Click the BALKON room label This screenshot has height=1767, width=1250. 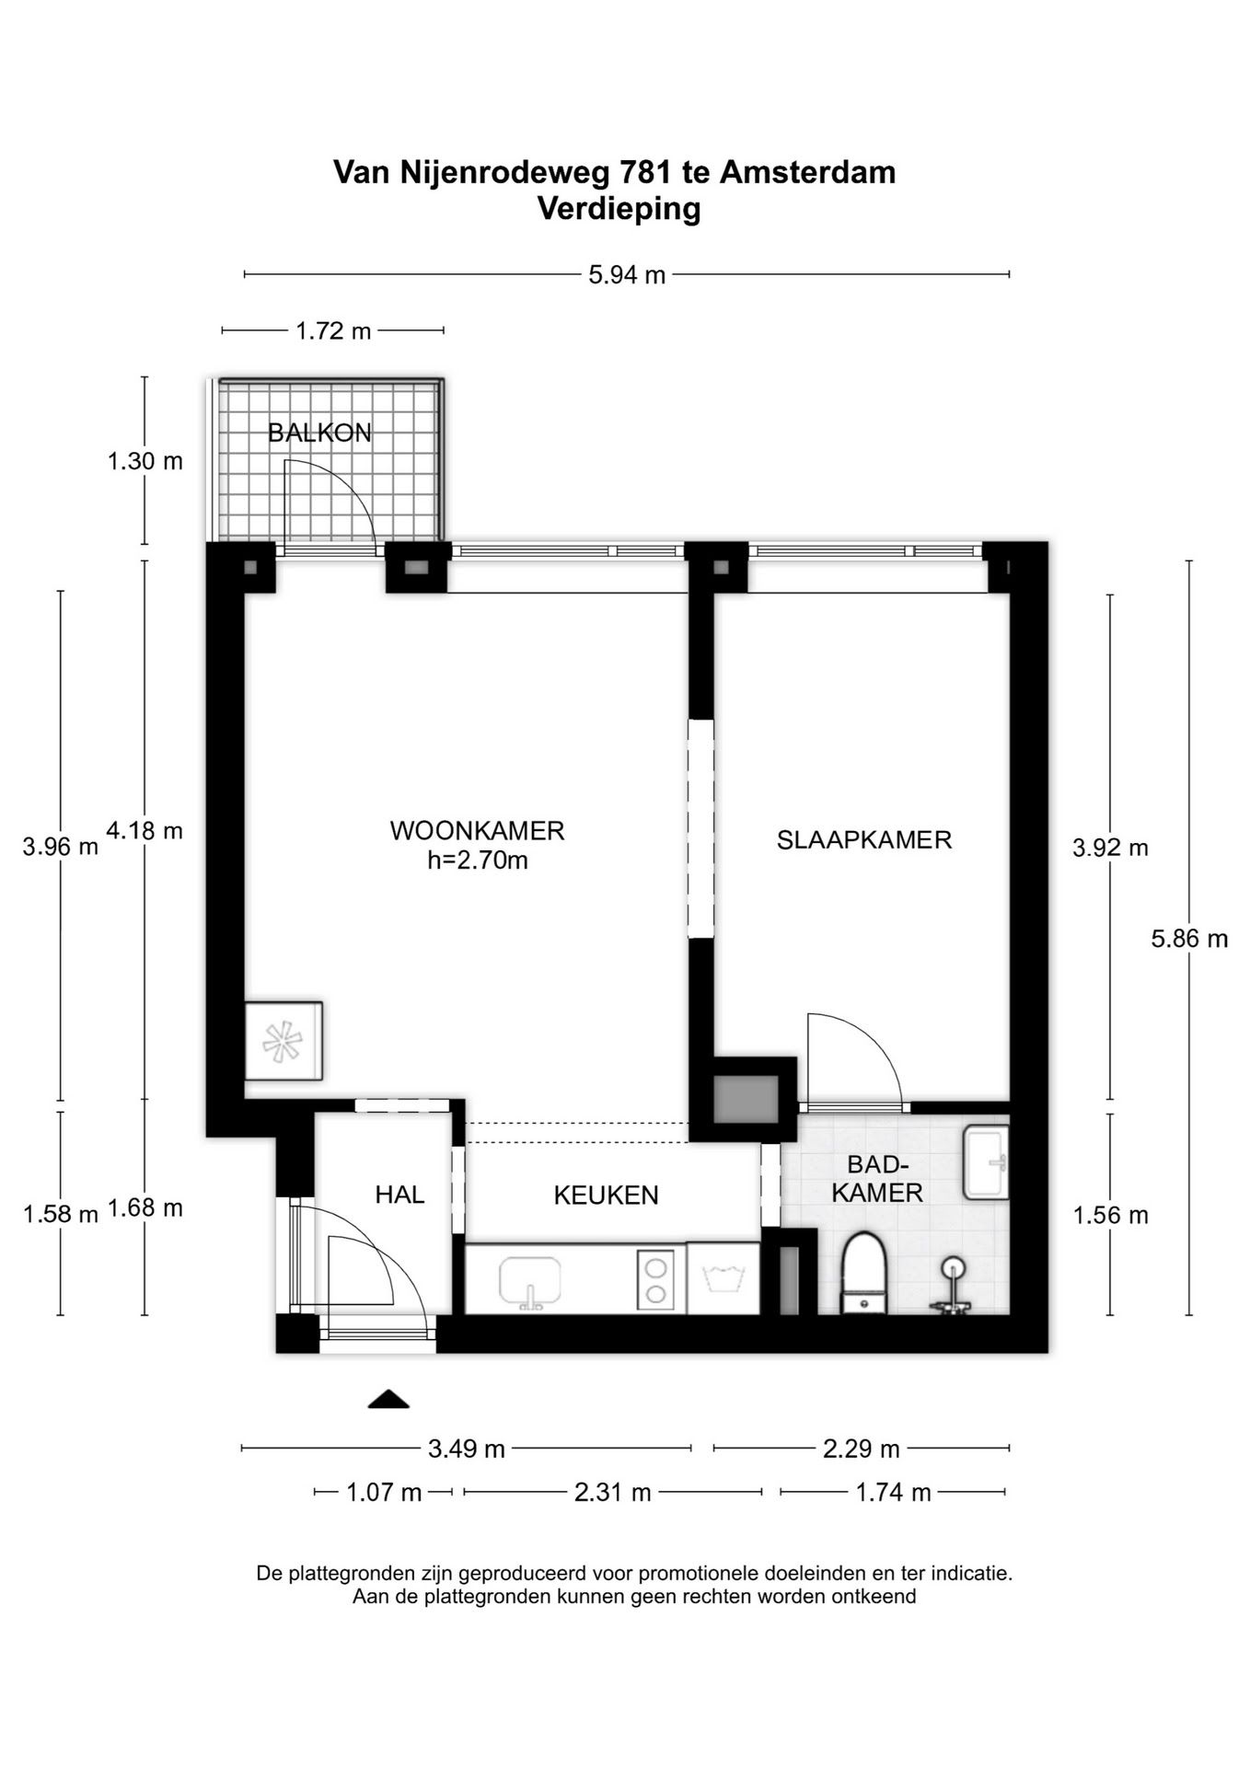319,433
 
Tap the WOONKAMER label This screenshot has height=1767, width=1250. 477,831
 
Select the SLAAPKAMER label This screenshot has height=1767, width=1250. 863,840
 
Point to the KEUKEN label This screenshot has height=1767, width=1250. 606,1195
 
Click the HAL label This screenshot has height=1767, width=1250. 399,1195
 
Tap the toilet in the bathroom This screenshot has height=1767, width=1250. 863,1274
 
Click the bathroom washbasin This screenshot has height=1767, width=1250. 986,1162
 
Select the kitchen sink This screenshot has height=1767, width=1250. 529,1282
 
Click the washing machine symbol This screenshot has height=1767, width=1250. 723,1278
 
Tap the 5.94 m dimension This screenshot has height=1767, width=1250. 627,275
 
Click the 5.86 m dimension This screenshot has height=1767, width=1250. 1189,939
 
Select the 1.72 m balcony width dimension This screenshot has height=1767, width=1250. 333,331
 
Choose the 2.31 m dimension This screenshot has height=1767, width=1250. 612,1492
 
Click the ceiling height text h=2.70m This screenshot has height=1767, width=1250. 478,860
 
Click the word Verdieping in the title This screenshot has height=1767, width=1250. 619,210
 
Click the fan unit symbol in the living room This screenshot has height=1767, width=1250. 284,1041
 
